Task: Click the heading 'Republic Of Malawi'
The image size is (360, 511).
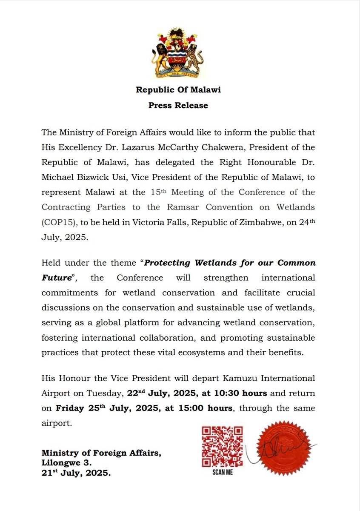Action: (x=178, y=90)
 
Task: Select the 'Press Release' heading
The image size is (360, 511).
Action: (x=178, y=105)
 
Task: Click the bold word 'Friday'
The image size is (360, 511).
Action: (x=71, y=408)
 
